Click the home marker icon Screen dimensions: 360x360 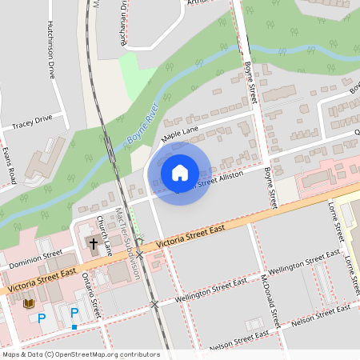(x=180, y=173)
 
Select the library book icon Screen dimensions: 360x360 (x=30, y=303)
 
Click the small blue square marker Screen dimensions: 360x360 (x=74, y=326)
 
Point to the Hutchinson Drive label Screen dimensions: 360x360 (x=51, y=48)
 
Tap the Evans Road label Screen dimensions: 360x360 (x=8, y=165)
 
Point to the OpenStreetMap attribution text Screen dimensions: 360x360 (x=80, y=354)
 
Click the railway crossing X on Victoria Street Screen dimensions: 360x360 (x=139, y=255)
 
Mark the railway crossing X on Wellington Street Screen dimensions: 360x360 (x=154, y=305)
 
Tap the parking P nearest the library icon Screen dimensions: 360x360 (x=42, y=318)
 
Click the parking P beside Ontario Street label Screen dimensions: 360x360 (x=74, y=313)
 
